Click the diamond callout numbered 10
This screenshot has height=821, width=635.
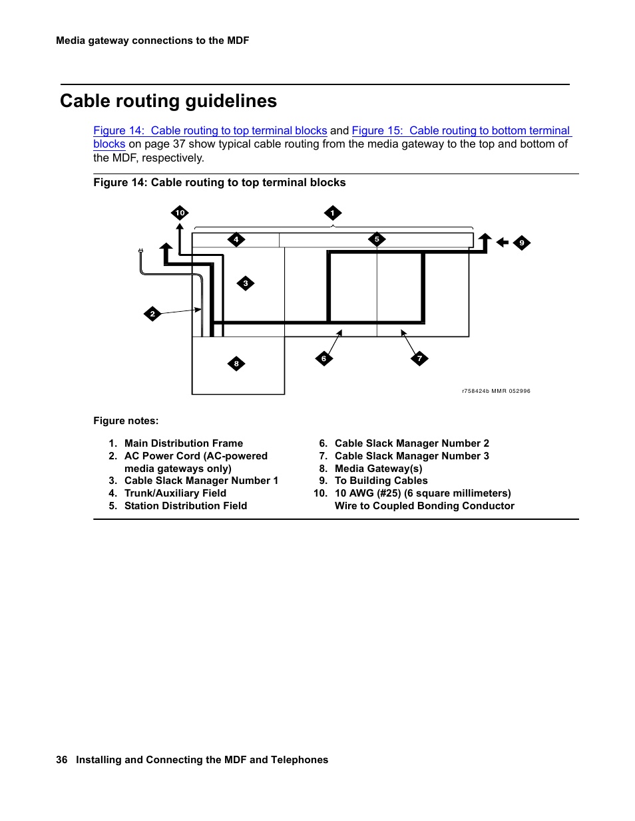coord(180,213)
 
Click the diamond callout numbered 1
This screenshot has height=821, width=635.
coord(333,213)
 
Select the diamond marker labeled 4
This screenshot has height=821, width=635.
coord(236,239)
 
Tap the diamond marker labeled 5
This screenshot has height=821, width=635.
coord(377,239)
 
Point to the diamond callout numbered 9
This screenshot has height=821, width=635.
coord(522,243)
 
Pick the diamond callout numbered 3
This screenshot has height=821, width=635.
coord(246,283)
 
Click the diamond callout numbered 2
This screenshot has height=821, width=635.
coord(152,314)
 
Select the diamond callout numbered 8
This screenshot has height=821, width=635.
coord(236,364)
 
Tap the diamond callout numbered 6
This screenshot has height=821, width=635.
coord(324,358)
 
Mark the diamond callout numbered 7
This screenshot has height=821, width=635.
coord(419,358)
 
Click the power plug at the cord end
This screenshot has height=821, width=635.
coord(140,251)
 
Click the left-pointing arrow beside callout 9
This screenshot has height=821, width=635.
coord(503,243)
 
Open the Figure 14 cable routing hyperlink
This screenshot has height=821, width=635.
coord(210,131)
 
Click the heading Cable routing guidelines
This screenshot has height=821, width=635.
coord(168,101)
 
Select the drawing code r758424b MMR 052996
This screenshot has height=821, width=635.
coord(496,391)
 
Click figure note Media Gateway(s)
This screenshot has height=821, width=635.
coord(378,469)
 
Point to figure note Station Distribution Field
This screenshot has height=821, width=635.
coord(186,506)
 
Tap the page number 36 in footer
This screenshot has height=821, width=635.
coord(62,760)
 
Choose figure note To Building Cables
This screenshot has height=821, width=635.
coord(381,481)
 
